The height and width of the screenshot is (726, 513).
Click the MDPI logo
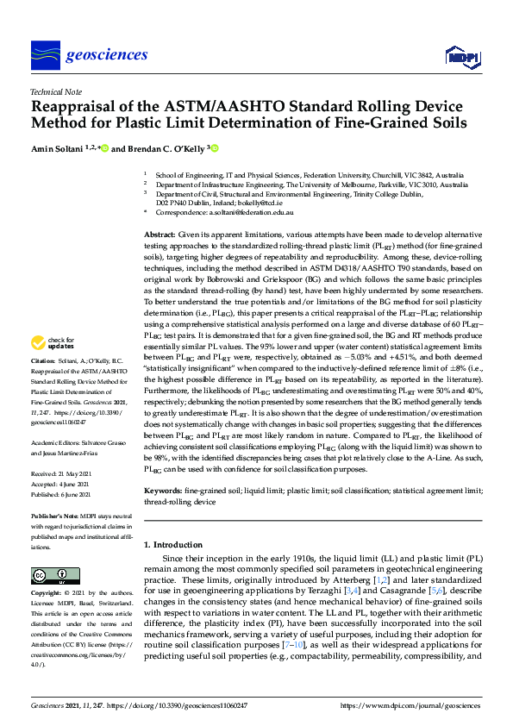point(462,58)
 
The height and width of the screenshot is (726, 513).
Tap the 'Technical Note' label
point(55,91)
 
